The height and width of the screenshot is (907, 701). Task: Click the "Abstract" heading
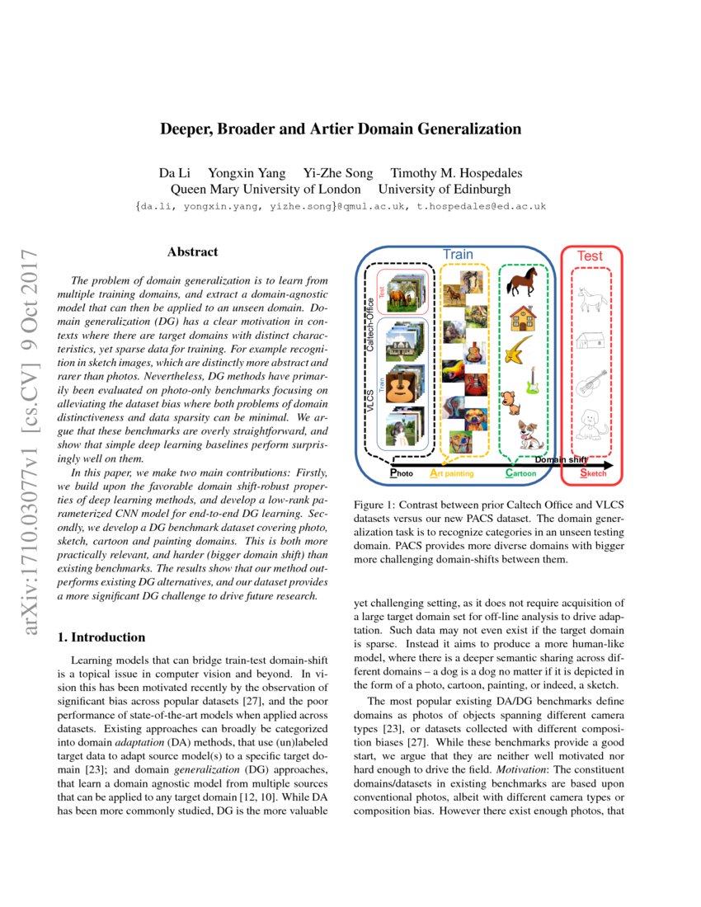coord(192,251)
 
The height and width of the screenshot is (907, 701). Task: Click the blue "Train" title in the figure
coord(458,254)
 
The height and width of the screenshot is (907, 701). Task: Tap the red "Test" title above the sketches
coord(590,256)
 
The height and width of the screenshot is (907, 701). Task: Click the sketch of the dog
coord(590,425)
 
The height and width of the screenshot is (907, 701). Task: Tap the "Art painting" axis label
coord(452,474)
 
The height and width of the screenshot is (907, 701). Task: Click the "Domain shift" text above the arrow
coord(562,460)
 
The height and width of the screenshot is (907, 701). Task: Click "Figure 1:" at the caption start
coord(376,504)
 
